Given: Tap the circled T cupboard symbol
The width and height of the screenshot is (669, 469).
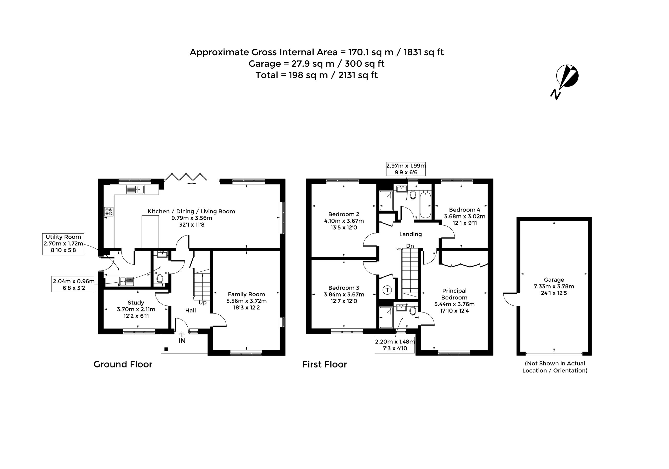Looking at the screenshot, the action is click(x=387, y=290).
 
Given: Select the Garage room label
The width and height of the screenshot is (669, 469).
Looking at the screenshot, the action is click(x=554, y=280).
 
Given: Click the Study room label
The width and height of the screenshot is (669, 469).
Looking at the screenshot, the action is click(x=136, y=302).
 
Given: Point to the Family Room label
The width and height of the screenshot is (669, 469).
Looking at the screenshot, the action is click(x=246, y=294).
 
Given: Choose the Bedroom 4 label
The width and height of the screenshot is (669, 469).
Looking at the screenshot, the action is click(x=464, y=210).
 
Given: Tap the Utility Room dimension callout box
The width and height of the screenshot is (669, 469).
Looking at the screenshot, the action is click(x=63, y=244).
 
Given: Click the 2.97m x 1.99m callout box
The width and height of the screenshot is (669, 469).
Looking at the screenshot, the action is click(x=406, y=169).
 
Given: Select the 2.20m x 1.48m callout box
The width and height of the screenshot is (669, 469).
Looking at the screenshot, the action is click(x=395, y=345).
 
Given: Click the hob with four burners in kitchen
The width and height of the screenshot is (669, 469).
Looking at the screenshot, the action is click(x=109, y=211).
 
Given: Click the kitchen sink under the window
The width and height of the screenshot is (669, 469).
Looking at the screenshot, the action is click(x=135, y=189).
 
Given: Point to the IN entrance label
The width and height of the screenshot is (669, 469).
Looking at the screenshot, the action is click(x=182, y=340).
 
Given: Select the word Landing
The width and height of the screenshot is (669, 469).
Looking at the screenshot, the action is click(x=410, y=234).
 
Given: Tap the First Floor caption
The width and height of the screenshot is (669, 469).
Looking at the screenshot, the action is click(x=325, y=364).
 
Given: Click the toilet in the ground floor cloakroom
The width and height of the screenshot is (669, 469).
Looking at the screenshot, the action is click(x=159, y=278).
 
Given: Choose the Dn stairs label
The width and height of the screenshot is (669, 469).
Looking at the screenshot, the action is click(x=410, y=246).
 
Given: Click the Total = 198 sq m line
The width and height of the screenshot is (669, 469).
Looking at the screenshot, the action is click(x=316, y=75).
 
